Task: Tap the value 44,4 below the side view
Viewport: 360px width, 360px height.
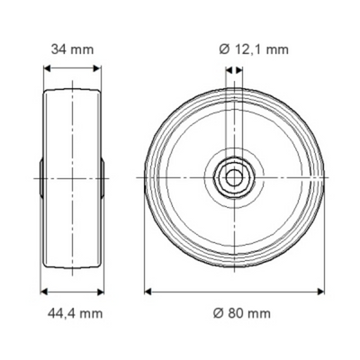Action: tap(61, 313)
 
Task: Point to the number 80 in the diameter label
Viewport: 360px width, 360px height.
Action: tap(238, 313)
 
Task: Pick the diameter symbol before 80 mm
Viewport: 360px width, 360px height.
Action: tap(218, 313)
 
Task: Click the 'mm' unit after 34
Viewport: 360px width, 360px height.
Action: tap(83, 49)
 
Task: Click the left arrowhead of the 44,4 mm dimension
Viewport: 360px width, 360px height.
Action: tap(41, 291)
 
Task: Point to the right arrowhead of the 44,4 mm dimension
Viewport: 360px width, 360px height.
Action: tap(104, 291)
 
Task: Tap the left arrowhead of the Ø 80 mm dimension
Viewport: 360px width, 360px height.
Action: tap(148, 291)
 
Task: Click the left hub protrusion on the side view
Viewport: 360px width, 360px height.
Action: tap(40, 177)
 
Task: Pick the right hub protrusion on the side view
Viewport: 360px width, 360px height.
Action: tap(104, 177)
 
